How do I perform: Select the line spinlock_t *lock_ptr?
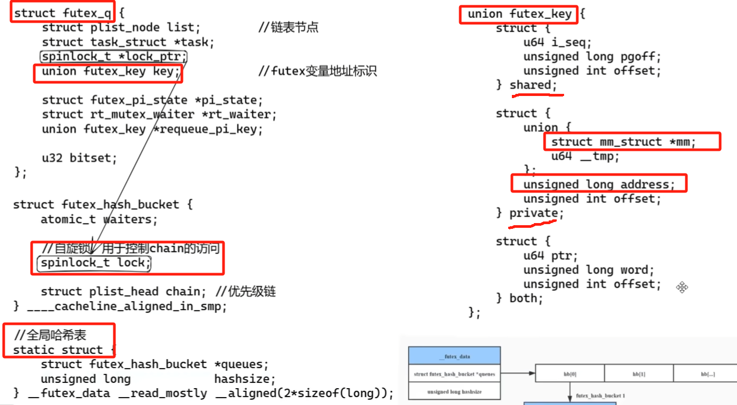coord(114,56)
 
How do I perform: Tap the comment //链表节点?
coord(288,27)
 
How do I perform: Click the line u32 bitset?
coord(79,157)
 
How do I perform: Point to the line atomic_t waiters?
coord(99,219)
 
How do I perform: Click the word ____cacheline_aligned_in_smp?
coord(127,306)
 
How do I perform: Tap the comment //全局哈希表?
coord(50,335)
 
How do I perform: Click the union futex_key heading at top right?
coord(519,14)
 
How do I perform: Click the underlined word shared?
coord(530,85)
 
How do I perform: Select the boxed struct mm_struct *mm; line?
coord(624,142)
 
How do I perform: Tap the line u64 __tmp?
coord(585,156)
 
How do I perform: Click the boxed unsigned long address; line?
coord(599,185)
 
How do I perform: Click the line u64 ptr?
coord(550,256)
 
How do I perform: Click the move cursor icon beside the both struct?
coord(682,287)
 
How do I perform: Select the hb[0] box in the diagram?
coord(570,373)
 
